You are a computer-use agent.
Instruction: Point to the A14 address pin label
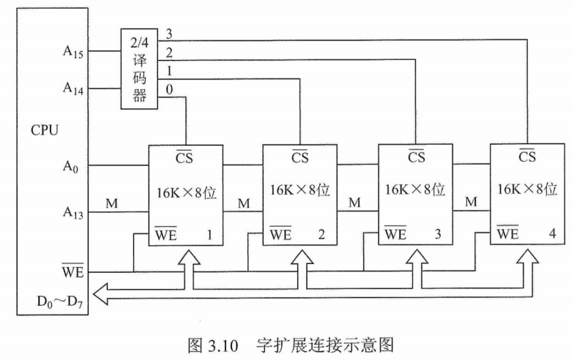pos(72,89)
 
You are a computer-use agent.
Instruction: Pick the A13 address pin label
pos(72,213)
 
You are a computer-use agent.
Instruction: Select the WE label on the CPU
pos(73,272)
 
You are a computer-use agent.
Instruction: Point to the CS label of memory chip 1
pos(185,156)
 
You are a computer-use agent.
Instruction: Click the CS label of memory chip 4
pos(527,156)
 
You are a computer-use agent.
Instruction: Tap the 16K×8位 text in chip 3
pos(415,190)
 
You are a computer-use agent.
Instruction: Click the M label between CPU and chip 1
pos(111,203)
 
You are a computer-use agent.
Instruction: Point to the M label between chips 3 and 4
pos(471,201)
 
